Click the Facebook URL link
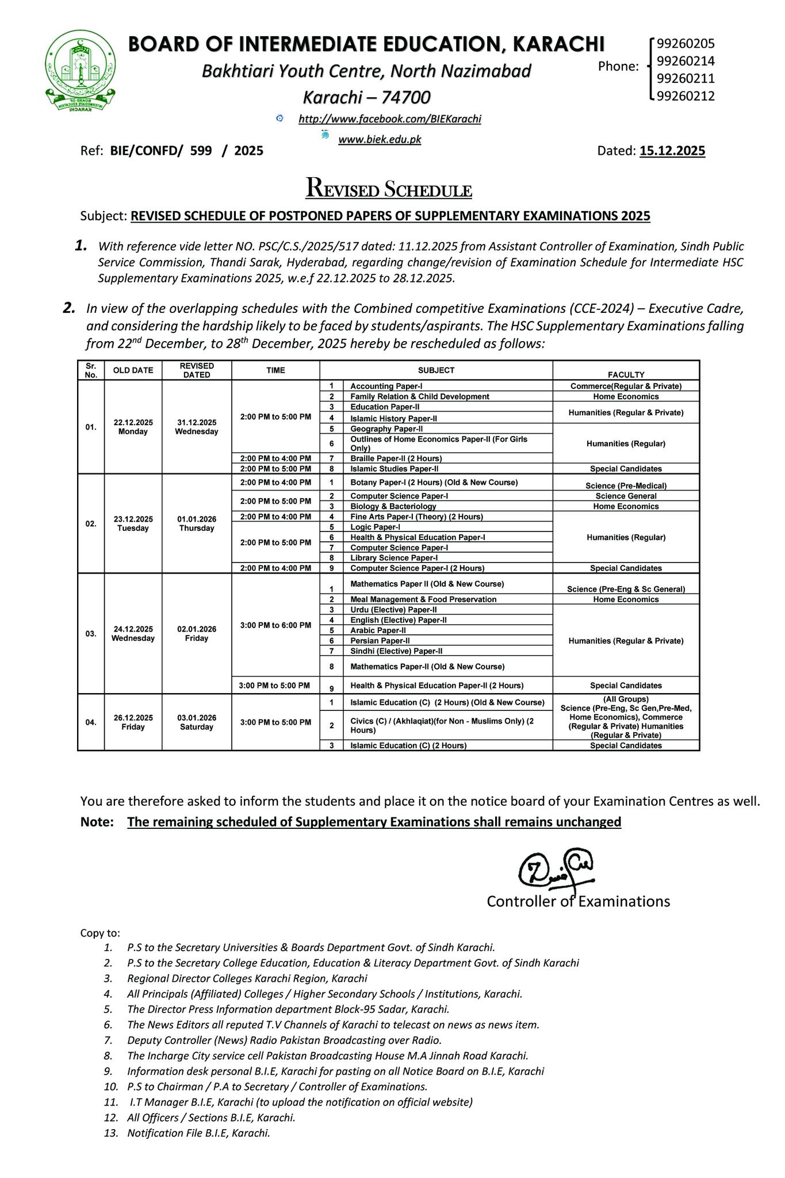coord(389,119)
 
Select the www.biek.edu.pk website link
coord(380,139)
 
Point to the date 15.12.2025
coord(672,151)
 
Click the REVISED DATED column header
coord(197,370)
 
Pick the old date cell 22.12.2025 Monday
coord(133,427)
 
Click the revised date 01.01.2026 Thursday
coord(197,523)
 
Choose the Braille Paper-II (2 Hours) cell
coord(396,458)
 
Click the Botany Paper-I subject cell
coord(434,482)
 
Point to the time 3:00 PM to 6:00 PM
coord(275,625)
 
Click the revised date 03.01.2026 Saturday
coord(197,722)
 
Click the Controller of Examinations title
coord(578,901)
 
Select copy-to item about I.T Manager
coord(300,1102)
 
